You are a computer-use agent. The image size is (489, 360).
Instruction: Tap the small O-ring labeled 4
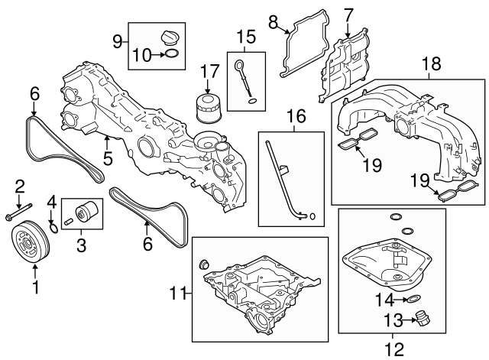click(53, 226)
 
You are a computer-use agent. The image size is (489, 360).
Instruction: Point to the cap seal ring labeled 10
click(173, 54)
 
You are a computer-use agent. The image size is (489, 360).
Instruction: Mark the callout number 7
click(348, 14)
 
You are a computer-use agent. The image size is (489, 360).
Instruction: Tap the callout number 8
click(272, 23)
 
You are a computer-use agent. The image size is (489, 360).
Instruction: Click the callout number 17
click(204, 73)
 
